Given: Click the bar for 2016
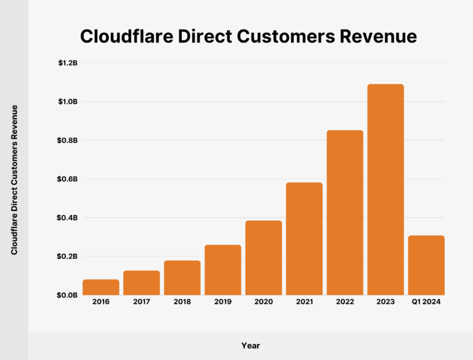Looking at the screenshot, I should click(101, 287).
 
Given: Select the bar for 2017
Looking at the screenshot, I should click(142, 283).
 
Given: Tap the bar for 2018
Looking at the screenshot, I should click(182, 278).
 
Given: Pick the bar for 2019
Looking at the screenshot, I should click(223, 270).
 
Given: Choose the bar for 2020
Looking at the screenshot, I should click(264, 258).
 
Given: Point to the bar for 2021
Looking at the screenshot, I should click(304, 239).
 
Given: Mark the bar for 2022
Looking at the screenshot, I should click(345, 213).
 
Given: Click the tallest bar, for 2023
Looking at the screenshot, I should click(386, 189).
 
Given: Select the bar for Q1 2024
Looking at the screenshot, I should click(426, 265).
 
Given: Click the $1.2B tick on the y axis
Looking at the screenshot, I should click(68, 63).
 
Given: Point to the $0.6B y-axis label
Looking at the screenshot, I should click(68, 179).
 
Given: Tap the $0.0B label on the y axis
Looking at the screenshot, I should click(68, 295).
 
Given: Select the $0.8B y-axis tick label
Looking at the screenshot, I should click(68, 140).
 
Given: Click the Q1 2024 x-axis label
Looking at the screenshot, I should click(426, 302).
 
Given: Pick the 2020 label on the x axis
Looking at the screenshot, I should click(264, 302).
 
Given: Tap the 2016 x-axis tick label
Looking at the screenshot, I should click(101, 302).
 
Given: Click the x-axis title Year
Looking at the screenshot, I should click(250, 345).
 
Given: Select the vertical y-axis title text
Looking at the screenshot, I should click(14, 179).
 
